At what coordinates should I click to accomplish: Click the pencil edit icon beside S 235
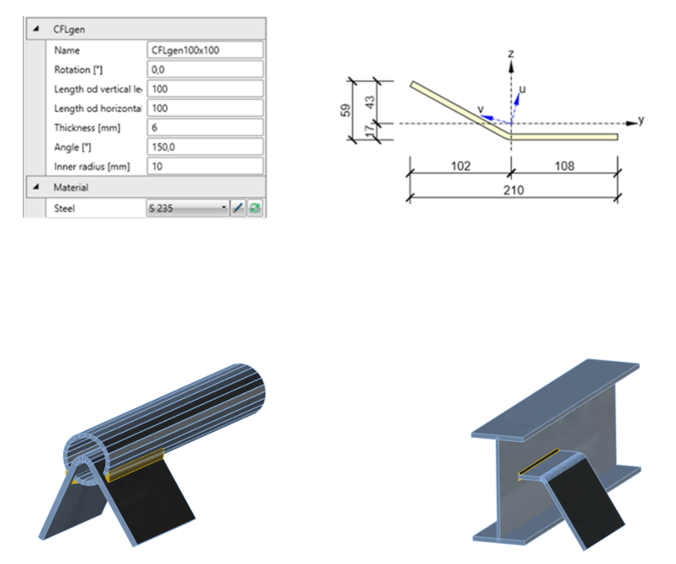point(238,207)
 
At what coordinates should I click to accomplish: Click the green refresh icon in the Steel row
point(254,207)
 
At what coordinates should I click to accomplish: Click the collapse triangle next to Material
point(36,187)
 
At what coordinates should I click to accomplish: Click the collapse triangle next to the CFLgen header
point(36,29)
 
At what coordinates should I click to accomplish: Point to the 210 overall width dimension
point(514,190)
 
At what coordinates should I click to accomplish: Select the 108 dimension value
point(565,166)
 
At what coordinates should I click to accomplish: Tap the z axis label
point(511,53)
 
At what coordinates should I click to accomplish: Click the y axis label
point(641,120)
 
